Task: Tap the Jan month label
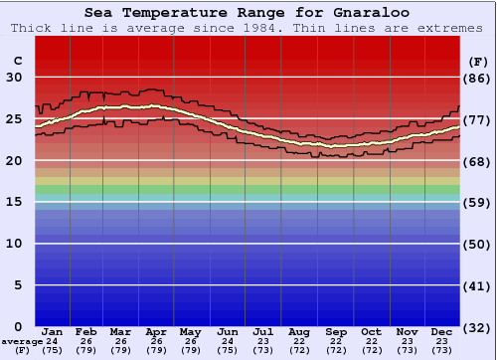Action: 53,331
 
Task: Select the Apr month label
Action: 156,331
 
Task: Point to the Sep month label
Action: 335,331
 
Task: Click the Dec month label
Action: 442,331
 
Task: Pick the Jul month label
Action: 263,331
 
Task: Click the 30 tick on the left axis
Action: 14,78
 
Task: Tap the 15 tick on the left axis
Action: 14,202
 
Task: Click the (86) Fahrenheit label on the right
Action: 478,78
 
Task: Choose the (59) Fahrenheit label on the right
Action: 478,202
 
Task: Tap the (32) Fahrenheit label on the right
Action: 478,327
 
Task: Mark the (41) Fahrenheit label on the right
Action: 478,285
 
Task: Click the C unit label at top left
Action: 16,61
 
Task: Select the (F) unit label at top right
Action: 478,61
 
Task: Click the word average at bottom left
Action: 22,341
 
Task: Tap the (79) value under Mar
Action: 120,350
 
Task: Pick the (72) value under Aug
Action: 299,350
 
